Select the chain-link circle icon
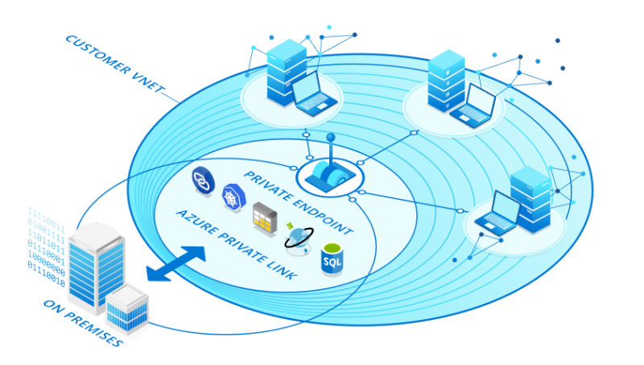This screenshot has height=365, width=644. (x=202, y=179)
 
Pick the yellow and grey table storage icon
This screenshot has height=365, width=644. (x=265, y=215)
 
